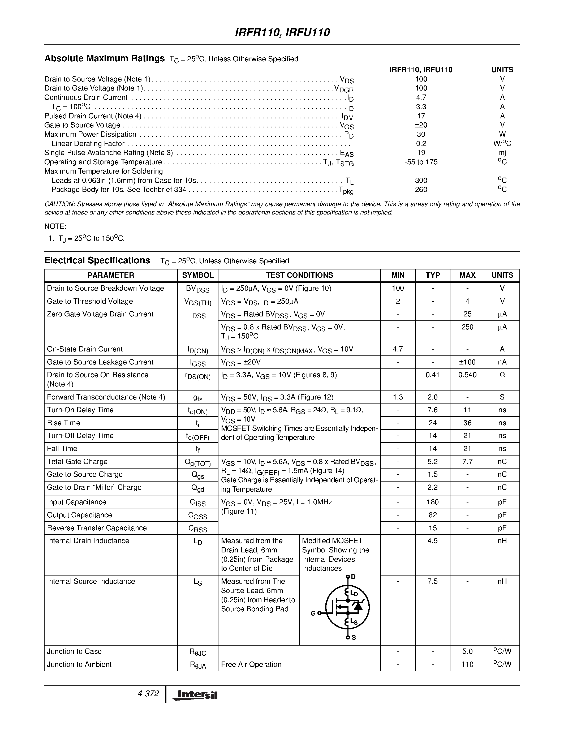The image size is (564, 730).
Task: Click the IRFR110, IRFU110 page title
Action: tap(282, 32)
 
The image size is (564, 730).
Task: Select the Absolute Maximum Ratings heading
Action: tap(104, 58)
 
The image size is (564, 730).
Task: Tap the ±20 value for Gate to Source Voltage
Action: tap(421, 125)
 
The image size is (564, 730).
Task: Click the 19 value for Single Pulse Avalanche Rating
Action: tap(421, 153)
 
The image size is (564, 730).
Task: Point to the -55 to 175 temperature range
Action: tap(421, 162)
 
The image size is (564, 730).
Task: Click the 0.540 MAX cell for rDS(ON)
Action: tap(467, 375)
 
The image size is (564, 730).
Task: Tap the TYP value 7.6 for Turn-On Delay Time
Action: tap(432, 410)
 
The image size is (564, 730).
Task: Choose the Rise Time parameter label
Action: tap(63, 423)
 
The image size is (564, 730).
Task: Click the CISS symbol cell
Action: tap(197, 503)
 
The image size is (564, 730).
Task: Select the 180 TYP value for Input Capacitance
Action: tap(432, 502)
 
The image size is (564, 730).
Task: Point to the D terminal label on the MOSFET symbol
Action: tap(354, 577)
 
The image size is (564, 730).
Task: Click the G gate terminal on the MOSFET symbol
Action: tap(313, 613)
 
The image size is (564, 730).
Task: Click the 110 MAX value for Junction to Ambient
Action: tap(467, 664)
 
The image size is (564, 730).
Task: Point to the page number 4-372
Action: tap(148, 694)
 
